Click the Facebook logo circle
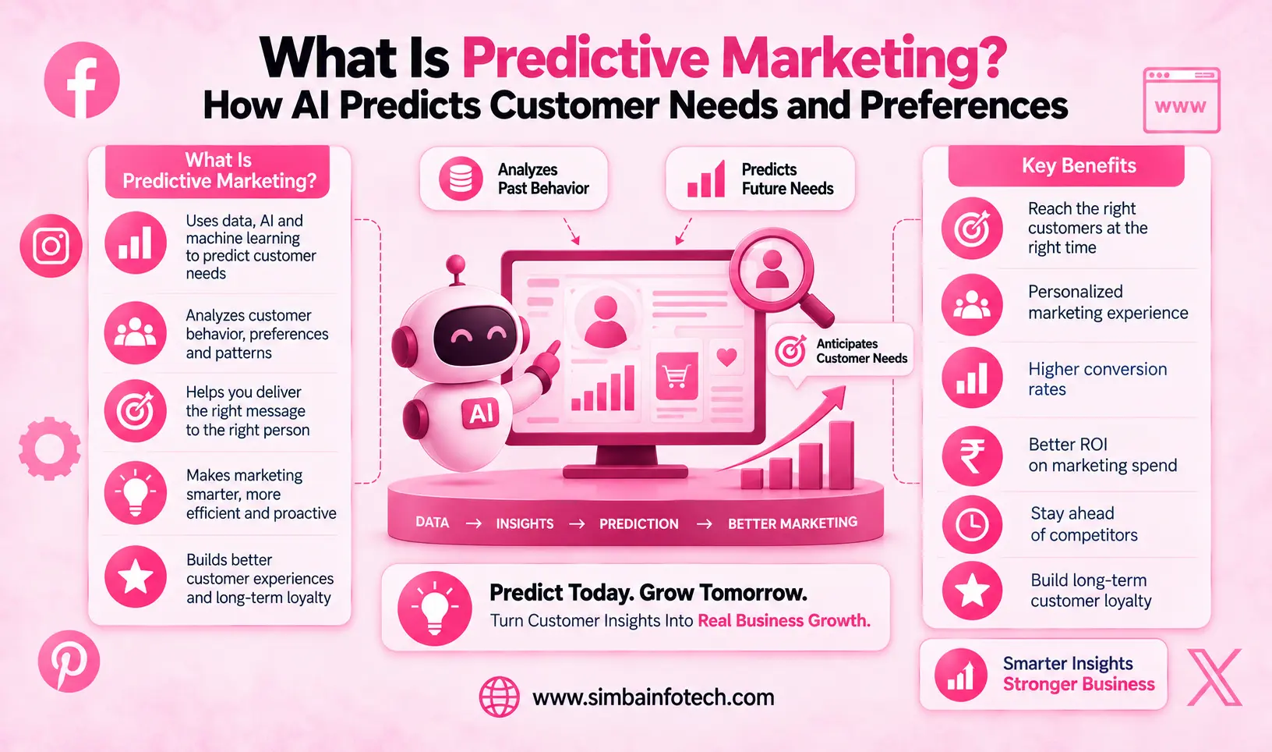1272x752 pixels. (x=82, y=80)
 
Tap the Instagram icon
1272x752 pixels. (x=51, y=246)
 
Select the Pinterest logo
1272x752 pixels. (x=69, y=661)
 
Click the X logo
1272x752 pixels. (x=1214, y=678)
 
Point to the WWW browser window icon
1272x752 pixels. (x=1181, y=100)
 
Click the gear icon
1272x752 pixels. (x=49, y=449)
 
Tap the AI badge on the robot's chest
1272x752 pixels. (x=480, y=412)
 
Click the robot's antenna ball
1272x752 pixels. (x=455, y=265)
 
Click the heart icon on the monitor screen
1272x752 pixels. (x=727, y=357)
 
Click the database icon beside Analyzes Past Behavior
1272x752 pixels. (x=461, y=179)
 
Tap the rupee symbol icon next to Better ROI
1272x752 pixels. (x=972, y=456)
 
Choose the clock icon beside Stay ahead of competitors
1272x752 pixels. (x=972, y=525)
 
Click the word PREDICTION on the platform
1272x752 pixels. (x=639, y=523)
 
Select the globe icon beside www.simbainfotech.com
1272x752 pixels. (x=499, y=697)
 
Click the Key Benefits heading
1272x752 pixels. (x=1079, y=165)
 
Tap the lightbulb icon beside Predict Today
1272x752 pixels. (x=434, y=608)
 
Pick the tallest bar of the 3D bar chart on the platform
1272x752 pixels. (x=841, y=455)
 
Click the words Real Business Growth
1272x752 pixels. (x=783, y=620)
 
